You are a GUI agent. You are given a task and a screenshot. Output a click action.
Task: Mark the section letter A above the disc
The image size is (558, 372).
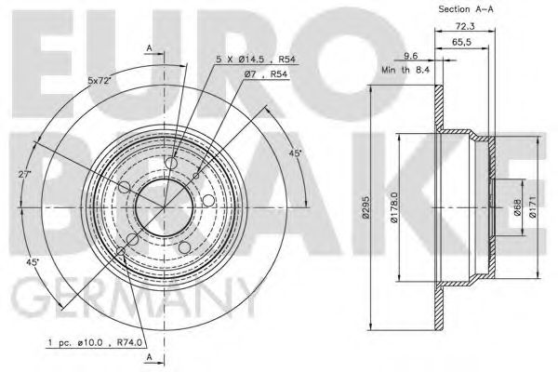pyautogui.click(x=148, y=48)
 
